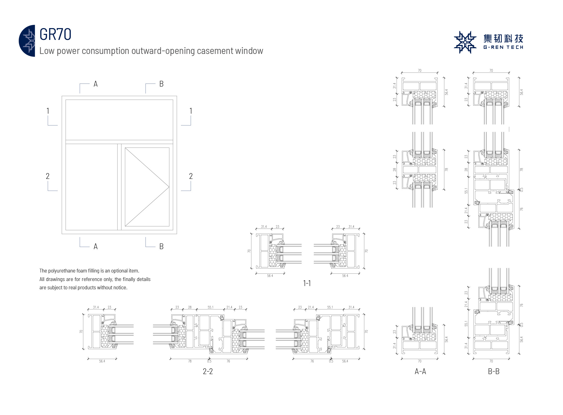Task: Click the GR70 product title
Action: (55, 34)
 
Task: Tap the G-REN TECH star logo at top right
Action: (465, 42)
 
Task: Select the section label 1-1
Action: (307, 283)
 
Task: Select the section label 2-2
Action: (207, 371)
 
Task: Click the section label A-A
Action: (420, 371)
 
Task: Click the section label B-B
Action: (494, 371)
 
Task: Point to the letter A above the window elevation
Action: (96, 84)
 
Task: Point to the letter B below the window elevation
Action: (161, 246)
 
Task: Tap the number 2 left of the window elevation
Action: (47, 176)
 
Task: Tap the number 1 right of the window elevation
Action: (191, 111)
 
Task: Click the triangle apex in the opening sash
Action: (169, 187)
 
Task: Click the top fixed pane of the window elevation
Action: (119, 120)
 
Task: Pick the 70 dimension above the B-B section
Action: (491, 71)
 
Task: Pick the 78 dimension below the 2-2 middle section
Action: (190, 361)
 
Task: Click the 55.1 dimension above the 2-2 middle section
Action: (210, 307)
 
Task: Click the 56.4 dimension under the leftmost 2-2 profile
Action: (102, 361)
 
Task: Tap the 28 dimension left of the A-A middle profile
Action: (394, 170)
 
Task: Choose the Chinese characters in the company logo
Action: (503, 38)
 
